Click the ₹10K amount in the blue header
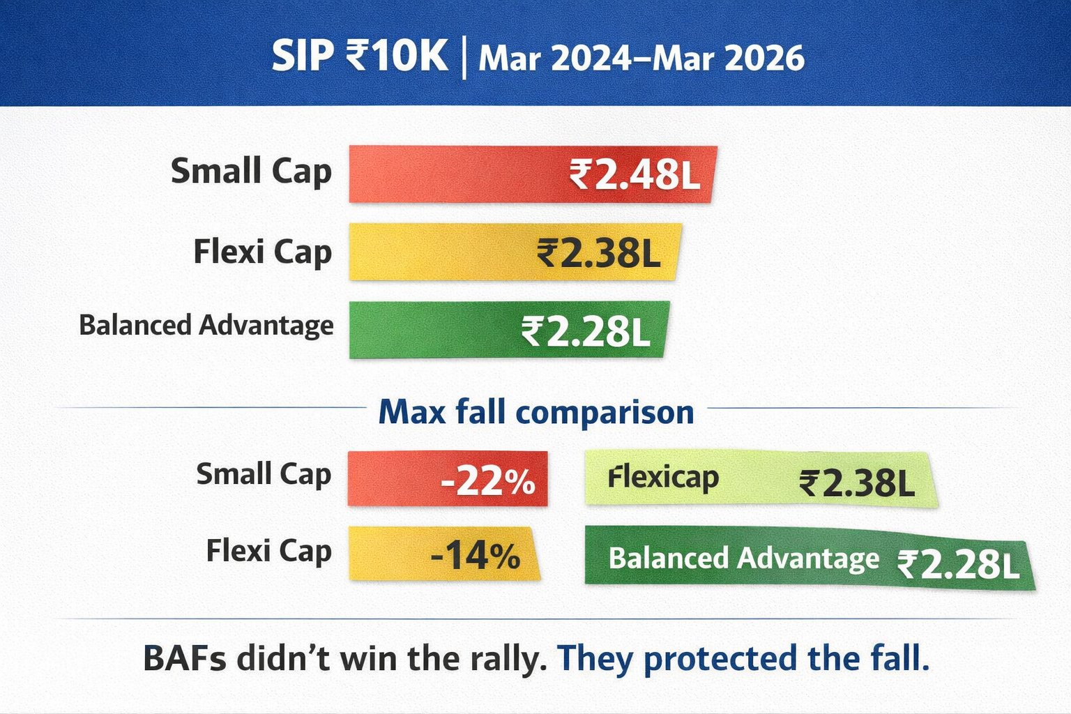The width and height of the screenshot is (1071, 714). pos(397,56)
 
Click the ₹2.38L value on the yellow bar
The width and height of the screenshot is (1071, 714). pos(599,252)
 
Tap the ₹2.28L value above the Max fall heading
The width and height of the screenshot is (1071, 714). pos(586,332)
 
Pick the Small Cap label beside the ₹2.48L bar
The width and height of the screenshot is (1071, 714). pos(251,172)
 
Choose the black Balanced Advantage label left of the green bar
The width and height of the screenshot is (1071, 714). pos(206,325)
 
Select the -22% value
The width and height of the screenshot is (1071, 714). pos(487,481)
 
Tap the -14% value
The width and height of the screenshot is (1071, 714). pos(476,556)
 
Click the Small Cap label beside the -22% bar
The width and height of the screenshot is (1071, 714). pos(264,475)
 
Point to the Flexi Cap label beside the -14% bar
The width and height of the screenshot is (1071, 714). pos(268,552)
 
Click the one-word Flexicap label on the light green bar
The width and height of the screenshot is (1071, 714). pos(663,478)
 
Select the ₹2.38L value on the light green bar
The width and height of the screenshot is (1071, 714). pos(857,483)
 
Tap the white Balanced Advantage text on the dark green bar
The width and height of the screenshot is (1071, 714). pos(743,559)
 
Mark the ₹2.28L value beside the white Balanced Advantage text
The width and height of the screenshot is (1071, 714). pos(958,564)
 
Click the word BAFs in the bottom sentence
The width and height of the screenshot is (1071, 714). pos(185,658)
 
